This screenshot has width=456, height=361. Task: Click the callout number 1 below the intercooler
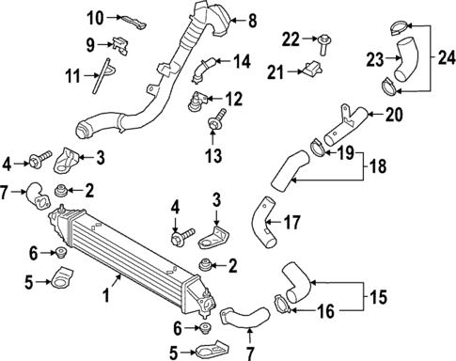point(105,296)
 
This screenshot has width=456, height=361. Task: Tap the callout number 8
point(251,20)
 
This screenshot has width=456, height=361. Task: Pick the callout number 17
point(291,223)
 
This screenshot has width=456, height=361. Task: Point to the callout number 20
point(393,116)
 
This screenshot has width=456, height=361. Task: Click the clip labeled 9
point(118,41)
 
